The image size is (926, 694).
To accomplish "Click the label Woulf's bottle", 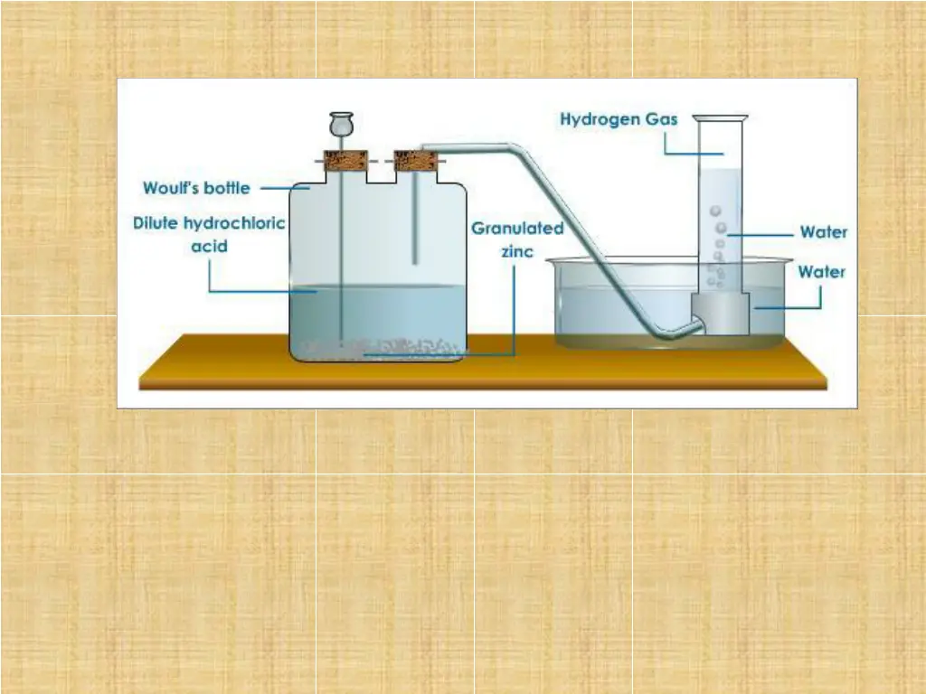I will (x=196, y=189).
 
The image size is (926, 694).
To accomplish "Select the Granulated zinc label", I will (x=516, y=239).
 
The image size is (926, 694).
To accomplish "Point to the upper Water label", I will (x=823, y=232).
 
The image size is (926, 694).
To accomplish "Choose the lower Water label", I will (x=820, y=271).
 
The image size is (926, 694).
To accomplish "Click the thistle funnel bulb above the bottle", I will (x=341, y=124).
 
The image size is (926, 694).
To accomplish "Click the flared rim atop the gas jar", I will (x=721, y=117).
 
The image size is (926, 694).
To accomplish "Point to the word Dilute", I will (x=156, y=223).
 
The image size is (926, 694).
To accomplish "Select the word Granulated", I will (x=516, y=229).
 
